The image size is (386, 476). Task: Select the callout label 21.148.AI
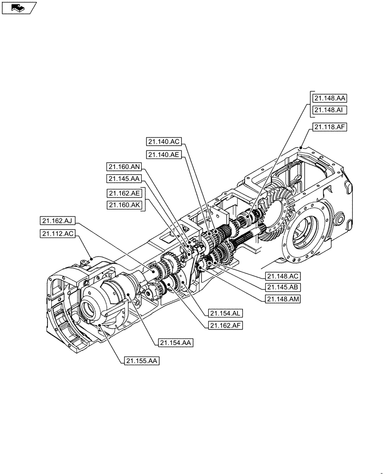click(x=329, y=110)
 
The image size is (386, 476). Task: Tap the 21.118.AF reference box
click(x=329, y=127)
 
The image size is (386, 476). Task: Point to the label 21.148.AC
click(x=283, y=276)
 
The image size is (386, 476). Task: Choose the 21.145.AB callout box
click(x=283, y=287)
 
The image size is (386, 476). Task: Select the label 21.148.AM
click(x=283, y=299)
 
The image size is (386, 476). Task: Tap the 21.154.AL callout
click(x=225, y=314)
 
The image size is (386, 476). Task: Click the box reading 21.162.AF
click(x=225, y=326)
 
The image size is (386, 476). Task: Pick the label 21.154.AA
click(x=175, y=343)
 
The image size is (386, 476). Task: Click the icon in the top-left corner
click(x=19, y=8)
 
